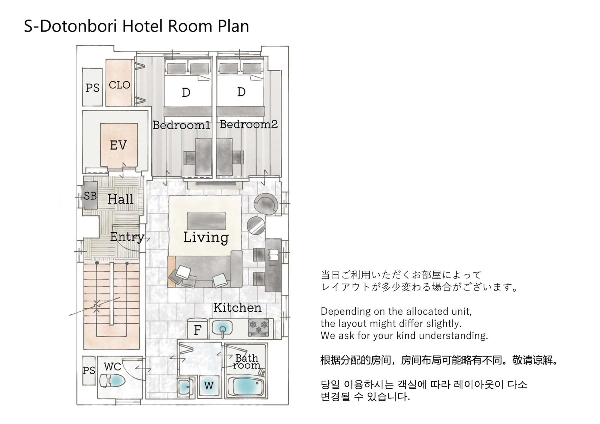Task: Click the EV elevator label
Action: (118, 145)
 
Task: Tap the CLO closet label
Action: (119, 85)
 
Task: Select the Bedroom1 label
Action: (181, 125)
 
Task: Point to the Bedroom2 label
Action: (249, 124)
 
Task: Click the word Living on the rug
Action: (206, 237)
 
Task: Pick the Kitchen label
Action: (237, 308)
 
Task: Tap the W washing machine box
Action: (209, 386)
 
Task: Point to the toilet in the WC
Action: (112, 381)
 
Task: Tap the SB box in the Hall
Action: (90, 195)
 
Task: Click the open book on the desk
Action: (274, 254)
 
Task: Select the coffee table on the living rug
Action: (206, 221)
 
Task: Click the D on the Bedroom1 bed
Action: (186, 92)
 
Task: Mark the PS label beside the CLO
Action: (93, 88)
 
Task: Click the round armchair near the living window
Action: (266, 204)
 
